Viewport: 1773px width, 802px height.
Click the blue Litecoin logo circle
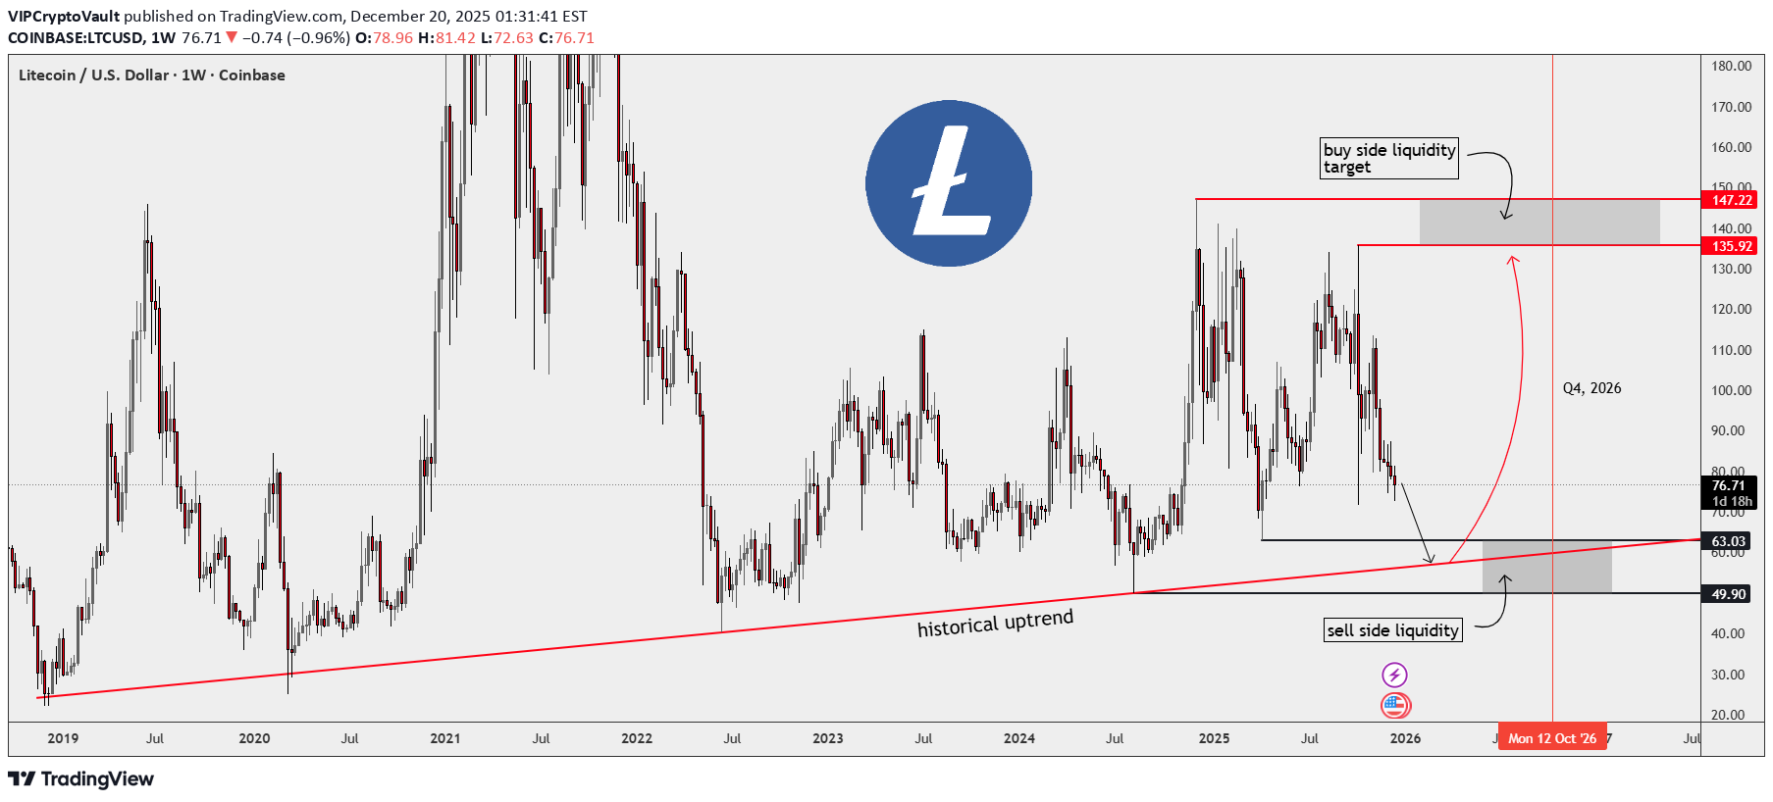949,183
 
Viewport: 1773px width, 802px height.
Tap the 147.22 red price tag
1731,200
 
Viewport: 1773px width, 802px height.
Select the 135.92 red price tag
1731,246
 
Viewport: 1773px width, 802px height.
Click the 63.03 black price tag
1728,541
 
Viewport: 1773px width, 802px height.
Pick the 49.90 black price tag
1728,594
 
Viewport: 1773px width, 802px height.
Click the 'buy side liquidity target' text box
1388,158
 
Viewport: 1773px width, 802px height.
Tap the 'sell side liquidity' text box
1392,630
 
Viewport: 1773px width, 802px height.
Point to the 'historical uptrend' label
995,624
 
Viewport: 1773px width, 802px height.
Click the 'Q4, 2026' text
1591,388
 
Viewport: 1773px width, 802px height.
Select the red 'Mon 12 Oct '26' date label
1552,738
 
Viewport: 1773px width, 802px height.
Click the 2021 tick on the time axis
445,738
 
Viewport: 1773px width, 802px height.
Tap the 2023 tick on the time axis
828,738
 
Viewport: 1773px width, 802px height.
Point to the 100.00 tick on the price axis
1731,390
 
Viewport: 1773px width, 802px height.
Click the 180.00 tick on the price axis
1731,66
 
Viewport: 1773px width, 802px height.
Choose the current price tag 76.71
1728,486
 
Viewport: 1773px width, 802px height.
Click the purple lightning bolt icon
1394,675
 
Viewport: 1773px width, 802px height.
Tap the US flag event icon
1394,705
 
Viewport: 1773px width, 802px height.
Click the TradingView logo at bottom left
81,779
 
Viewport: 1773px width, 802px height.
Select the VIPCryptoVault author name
64,16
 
